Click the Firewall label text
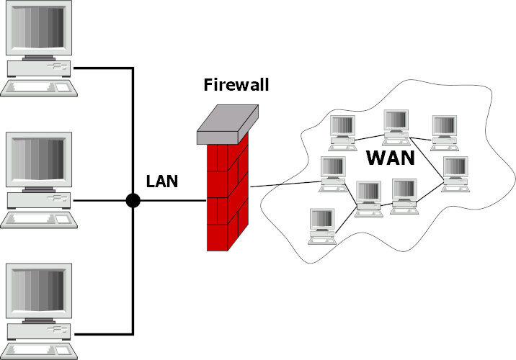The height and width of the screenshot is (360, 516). (236, 86)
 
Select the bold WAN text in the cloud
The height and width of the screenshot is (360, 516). (391, 158)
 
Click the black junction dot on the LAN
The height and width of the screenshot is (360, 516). (133, 201)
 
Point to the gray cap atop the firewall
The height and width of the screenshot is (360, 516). (227, 127)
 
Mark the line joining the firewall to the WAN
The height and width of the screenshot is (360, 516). (285, 182)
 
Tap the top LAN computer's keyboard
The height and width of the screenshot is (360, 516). (40, 86)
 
